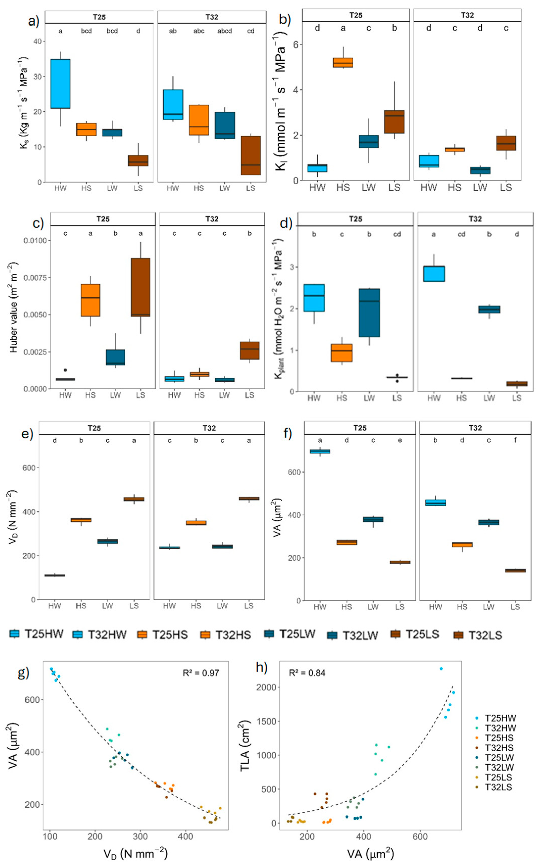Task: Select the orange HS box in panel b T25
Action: coord(343,63)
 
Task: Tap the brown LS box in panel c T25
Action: coord(140,287)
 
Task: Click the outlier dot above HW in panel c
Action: coord(65,370)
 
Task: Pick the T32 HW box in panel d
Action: coord(434,274)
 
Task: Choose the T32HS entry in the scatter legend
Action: coord(499,748)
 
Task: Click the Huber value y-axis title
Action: coord(14,307)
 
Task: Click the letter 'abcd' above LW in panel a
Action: coord(225,31)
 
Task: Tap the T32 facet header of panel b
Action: coord(467,15)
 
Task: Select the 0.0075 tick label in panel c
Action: coord(35,278)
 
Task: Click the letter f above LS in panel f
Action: coord(515,441)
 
